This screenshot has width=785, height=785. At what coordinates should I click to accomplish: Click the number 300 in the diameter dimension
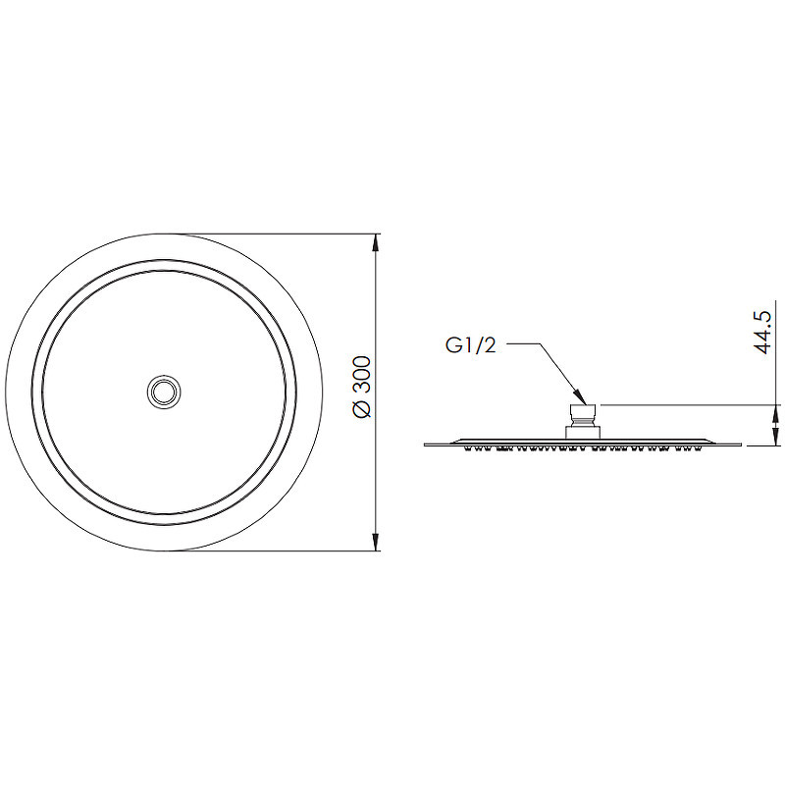coord(362,374)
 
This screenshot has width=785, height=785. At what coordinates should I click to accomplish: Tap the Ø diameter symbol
coord(362,409)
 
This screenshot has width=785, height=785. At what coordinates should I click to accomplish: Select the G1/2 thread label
coord(471,345)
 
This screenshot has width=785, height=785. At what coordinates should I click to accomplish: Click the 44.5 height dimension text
coord(763,332)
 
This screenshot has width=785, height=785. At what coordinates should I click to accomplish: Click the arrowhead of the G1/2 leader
coord(581,397)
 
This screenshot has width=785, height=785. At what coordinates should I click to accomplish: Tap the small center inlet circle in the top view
coord(164,392)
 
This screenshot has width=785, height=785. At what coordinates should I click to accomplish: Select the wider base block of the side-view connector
coord(583,433)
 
